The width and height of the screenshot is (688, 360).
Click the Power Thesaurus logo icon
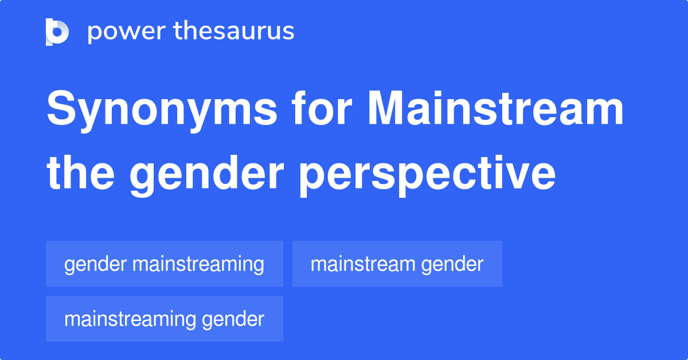[x=57, y=32]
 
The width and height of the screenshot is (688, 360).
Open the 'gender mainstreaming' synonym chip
[x=165, y=264]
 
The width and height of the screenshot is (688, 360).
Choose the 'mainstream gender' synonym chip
[x=397, y=264]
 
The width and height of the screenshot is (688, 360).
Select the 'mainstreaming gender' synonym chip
[x=165, y=319]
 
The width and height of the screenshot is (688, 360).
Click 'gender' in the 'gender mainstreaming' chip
[x=95, y=265]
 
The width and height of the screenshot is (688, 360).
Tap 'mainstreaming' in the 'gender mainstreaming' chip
[x=198, y=264]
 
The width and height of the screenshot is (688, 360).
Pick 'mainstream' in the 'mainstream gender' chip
[x=363, y=264]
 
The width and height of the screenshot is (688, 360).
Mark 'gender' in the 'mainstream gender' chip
[x=452, y=265]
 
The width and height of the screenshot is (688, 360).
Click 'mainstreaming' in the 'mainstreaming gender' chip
[x=130, y=319]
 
